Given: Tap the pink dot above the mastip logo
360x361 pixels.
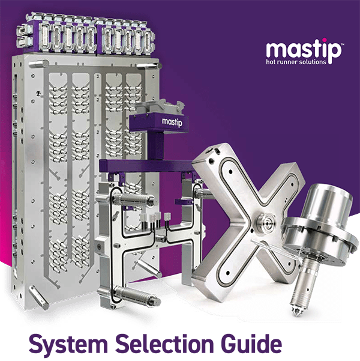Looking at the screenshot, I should [317, 37].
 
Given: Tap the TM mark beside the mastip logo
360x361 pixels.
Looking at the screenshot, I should [341, 42].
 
